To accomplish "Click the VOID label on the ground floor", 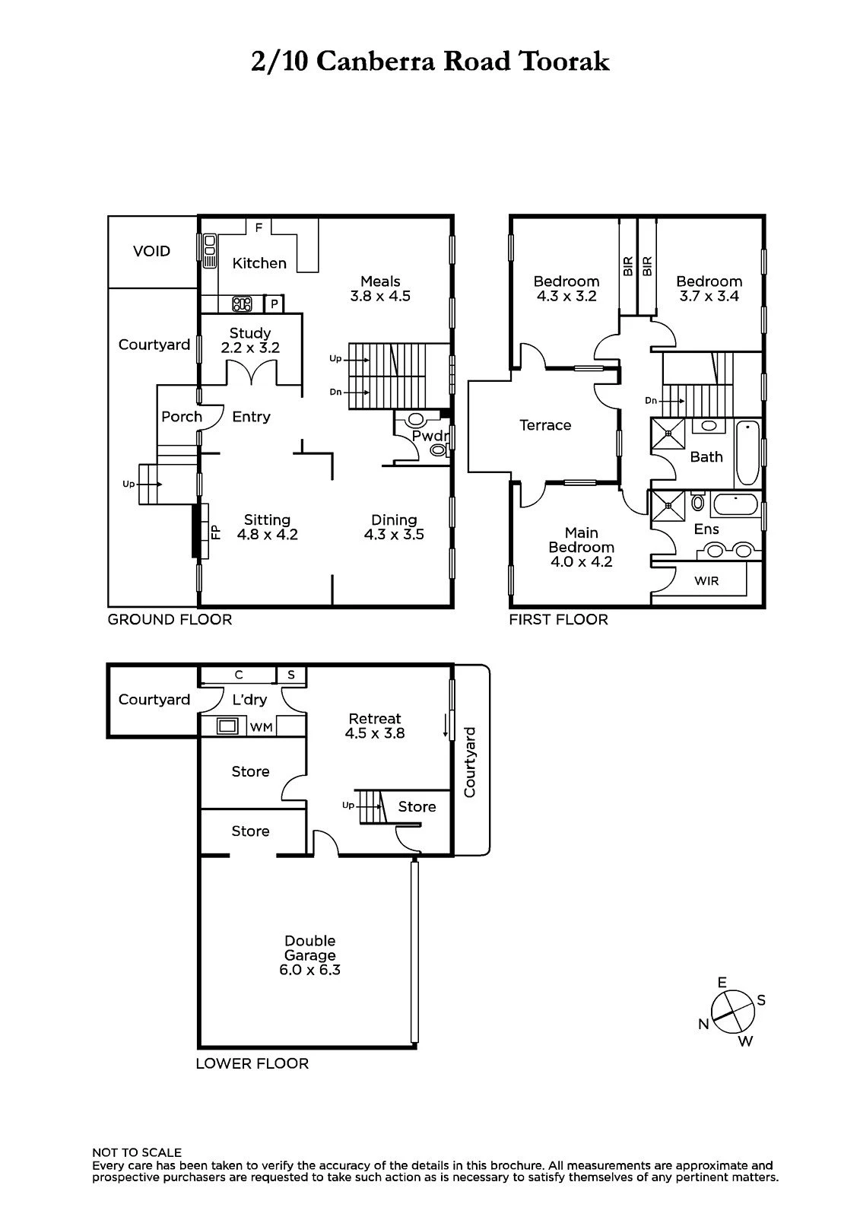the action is (x=151, y=251).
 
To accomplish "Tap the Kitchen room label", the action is (x=259, y=263).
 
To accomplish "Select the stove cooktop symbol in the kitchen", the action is (x=242, y=303).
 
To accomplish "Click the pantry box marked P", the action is (x=275, y=303).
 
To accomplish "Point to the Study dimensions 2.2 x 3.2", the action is (x=250, y=348).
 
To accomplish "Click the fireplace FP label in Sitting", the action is (x=216, y=532).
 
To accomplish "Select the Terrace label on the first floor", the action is (x=545, y=425).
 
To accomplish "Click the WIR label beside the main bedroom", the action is (x=706, y=581).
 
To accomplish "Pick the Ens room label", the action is (x=706, y=529).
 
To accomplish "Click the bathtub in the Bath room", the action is (x=747, y=453).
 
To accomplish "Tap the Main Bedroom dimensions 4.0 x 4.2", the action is (x=581, y=562).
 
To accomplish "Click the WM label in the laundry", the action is (x=261, y=727).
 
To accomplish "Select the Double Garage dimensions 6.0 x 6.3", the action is (x=309, y=971).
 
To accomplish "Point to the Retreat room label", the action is (x=375, y=718).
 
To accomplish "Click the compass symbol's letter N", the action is (x=703, y=1024).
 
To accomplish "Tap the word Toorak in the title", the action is (x=564, y=61).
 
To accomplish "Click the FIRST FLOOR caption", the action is (x=558, y=619).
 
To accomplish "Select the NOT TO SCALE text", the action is (x=137, y=1152).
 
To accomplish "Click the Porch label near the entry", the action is (x=182, y=417).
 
